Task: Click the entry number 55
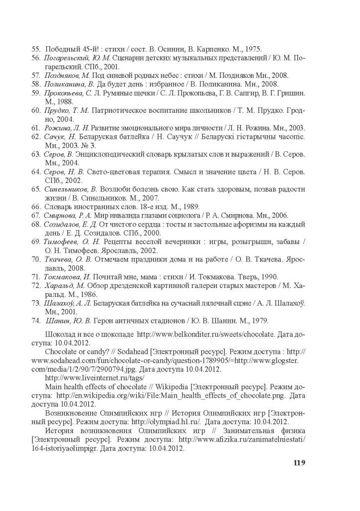click(x=35, y=49)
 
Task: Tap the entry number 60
click(x=35, y=110)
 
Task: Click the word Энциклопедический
click(x=114, y=154)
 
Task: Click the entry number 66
click(x=35, y=206)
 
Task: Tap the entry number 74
click(x=35, y=320)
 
